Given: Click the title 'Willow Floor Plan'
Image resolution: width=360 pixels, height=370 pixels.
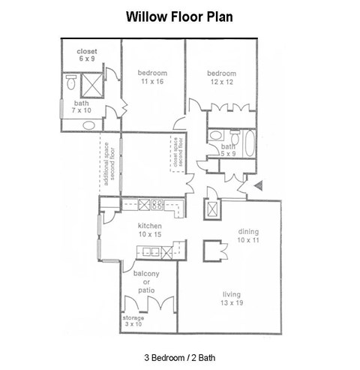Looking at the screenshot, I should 180,16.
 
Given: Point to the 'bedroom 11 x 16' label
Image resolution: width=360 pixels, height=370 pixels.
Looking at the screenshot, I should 152,77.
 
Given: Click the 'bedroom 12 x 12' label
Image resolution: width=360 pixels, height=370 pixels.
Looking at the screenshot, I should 222,77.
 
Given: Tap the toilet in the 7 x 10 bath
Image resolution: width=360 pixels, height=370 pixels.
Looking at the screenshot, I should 71,80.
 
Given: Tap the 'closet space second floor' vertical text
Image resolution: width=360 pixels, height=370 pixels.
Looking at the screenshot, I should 178,152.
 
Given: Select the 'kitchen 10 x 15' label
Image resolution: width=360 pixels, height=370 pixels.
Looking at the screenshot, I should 148,230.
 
